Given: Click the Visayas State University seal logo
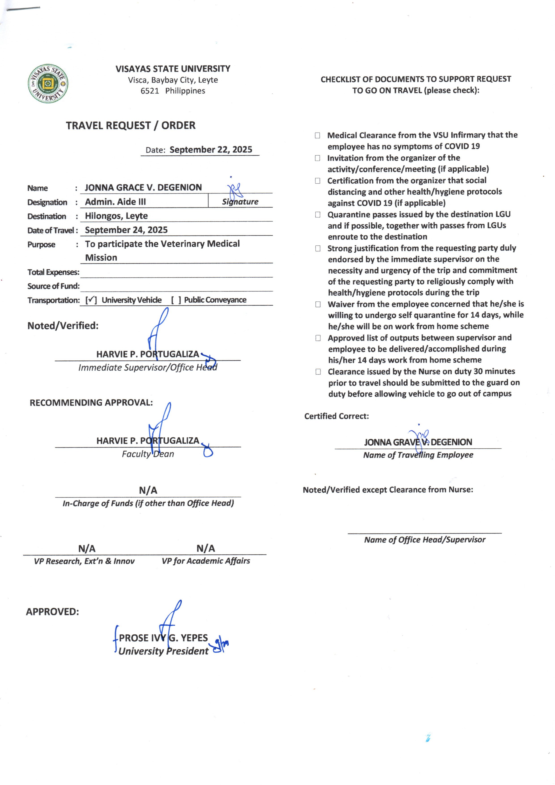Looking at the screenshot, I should (48, 84).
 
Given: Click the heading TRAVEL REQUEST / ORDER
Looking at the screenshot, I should (131, 126).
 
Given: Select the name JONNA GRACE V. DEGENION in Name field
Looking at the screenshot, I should (143, 187).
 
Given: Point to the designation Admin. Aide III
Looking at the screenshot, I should (115, 202).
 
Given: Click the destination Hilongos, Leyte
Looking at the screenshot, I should (116, 216).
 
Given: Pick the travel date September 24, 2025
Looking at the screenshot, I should (126, 230).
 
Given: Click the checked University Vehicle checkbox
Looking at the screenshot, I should (91, 300).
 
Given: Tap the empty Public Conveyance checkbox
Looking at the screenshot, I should (176, 300).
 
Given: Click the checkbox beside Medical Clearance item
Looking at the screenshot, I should (317, 135).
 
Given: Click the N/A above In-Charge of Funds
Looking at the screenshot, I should (148, 491).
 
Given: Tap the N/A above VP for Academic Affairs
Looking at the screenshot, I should (206, 549).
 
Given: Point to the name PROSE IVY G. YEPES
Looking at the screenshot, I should (163, 638).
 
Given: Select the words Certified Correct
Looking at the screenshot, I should (337, 416).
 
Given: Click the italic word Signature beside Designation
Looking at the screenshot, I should (240, 202).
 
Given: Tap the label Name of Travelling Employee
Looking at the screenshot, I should (418, 455).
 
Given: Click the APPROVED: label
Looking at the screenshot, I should (52, 611).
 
